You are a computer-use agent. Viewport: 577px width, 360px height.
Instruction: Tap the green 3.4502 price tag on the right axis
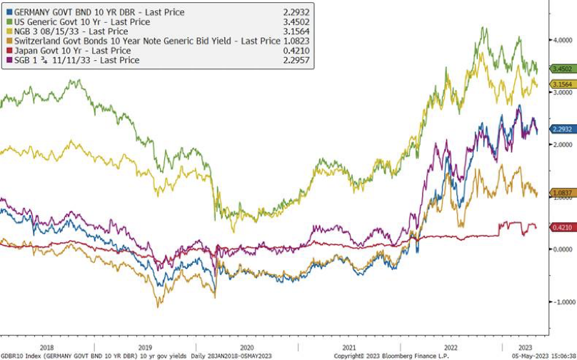[561, 69]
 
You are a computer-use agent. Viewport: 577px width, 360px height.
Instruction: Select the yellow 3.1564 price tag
[561, 84]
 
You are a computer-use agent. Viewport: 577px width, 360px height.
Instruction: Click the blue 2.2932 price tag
[561, 129]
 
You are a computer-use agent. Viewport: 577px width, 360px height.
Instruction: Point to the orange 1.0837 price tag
[561, 193]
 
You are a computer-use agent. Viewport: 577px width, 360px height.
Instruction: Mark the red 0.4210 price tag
[561, 227]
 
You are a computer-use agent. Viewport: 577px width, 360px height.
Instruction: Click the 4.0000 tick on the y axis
[563, 41]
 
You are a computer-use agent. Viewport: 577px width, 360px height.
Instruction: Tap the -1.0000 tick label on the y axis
[562, 302]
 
